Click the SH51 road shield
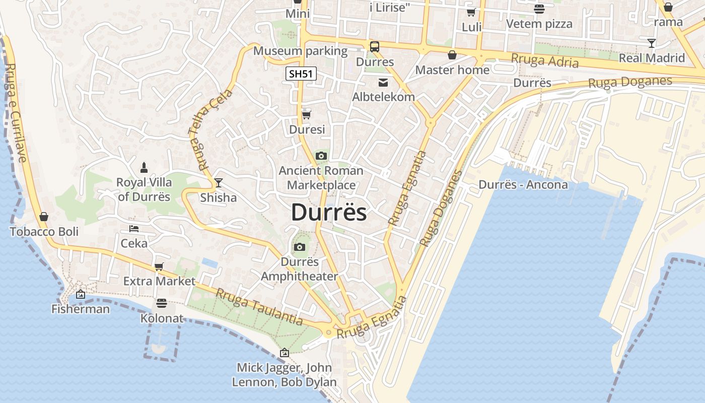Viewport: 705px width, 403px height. tap(301, 74)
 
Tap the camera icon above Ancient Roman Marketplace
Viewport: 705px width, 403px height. tap(321, 156)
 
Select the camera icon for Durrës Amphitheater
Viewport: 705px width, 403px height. tap(300, 247)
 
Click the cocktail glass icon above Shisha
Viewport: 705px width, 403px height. tap(218, 182)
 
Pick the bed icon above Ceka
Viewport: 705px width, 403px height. tap(133, 228)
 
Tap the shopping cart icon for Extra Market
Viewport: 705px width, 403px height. tap(159, 266)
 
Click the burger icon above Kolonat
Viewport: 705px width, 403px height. tap(161, 303)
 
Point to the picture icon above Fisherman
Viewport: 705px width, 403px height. tap(81, 294)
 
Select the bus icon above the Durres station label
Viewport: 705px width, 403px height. tap(375, 47)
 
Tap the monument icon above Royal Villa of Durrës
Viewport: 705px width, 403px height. tap(144, 167)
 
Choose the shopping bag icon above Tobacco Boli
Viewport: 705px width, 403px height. tap(44, 217)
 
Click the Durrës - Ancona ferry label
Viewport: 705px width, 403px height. tap(523, 184)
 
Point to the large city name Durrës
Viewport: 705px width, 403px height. tap(329, 212)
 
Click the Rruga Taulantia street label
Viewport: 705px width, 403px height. tap(259, 306)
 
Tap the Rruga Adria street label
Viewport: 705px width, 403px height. tap(544, 60)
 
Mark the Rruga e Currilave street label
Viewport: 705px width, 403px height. tap(16, 112)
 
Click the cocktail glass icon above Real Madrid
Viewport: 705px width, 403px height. tap(652, 43)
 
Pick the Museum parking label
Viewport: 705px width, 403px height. tap(300, 51)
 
